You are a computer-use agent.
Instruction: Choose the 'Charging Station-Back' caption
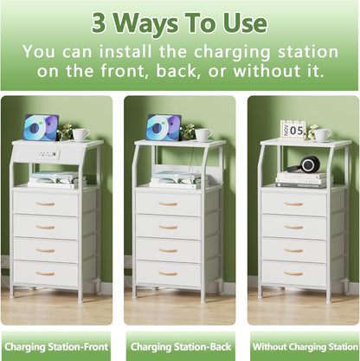coord(180,345)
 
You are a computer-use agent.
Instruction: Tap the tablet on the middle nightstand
coord(163,126)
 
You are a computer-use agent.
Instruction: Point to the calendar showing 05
coord(292,129)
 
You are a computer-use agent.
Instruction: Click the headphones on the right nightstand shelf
coord(309,164)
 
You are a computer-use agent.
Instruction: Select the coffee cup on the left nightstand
coord(80,134)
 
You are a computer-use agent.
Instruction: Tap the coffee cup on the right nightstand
coord(321,134)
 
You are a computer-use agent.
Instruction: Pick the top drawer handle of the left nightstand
coord(45,203)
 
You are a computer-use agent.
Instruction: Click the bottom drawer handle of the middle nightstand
coord(168,273)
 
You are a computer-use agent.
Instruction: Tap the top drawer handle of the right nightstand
coord(294,203)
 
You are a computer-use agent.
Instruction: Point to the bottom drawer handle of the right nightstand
coord(294,273)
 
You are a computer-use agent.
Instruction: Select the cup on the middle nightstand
coord(202,134)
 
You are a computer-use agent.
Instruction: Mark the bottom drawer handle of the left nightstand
coord(45,273)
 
